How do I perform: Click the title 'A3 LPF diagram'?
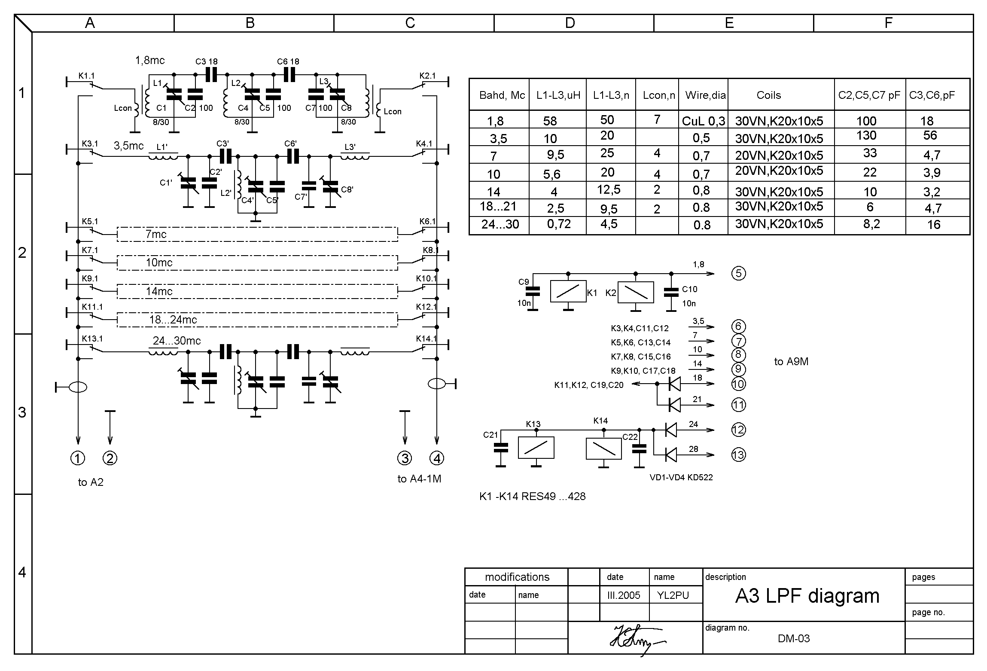pyautogui.click(x=807, y=596)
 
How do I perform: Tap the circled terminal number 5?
pyautogui.click(x=738, y=273)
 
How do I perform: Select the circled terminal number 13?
pyautogui.click(x=738, y=454)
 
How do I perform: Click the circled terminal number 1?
pyautogui.click(x=78, y=458)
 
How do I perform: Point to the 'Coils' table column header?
pyautogui.click(x=768, y=95)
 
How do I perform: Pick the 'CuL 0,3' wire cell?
pyautogui.click(x=703, y=121)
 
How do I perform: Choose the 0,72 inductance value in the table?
pyautogui.click(x=558, y=224)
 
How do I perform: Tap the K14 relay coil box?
pyautogui.click(x=603, y=448)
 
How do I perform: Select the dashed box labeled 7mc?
pyautogui.click(x=258, y=235)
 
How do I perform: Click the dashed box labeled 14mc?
pyautogui.click(x=258, y=291)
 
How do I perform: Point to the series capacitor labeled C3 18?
pyautogui.click(x=211, y=75)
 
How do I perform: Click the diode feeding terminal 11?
pyautogui.click(x=675, y=405)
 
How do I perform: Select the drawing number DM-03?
pyautogui.click(x=793, y=638)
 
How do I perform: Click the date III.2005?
pyautogui.click(x=623, y=595)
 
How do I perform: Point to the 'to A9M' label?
pyautogui.click(x=791, y=362)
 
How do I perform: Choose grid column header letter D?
pyautogui.click(x=570, y=23)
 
